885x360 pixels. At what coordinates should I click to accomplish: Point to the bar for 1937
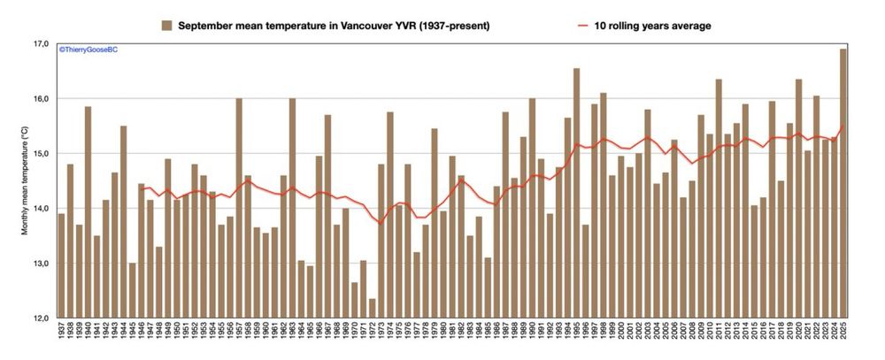(x=61, y=265)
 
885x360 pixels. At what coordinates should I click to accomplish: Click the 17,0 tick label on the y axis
(x=40, y=43)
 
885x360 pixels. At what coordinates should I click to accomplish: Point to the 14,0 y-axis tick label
(x=40, y=209)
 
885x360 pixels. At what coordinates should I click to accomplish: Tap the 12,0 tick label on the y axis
(x=40, y=318)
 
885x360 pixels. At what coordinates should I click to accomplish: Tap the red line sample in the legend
(x=582, y=26)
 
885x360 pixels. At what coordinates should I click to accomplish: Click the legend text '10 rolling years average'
(x=654, y=26)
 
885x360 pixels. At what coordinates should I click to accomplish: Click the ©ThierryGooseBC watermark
(x=88, y=50)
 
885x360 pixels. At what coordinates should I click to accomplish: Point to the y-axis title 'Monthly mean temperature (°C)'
(x=26, y=182)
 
